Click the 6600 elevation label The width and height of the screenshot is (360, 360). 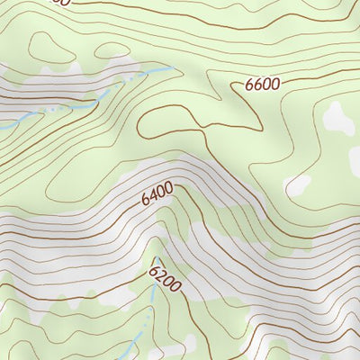[x=263, y=84]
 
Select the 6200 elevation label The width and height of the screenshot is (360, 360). [x=165, y=280]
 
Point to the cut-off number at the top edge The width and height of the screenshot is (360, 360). [x=58, y=3]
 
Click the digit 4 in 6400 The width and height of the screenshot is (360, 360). [x=154, y=197]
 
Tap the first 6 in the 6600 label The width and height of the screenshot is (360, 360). [x=249, y=85]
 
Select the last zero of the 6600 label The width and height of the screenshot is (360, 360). [x=275, y=83]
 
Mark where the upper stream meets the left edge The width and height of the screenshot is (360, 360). [x=2, y=128]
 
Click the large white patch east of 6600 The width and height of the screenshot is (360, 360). [x=339, y=116]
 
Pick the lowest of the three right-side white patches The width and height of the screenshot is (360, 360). [x=297, y=184]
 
